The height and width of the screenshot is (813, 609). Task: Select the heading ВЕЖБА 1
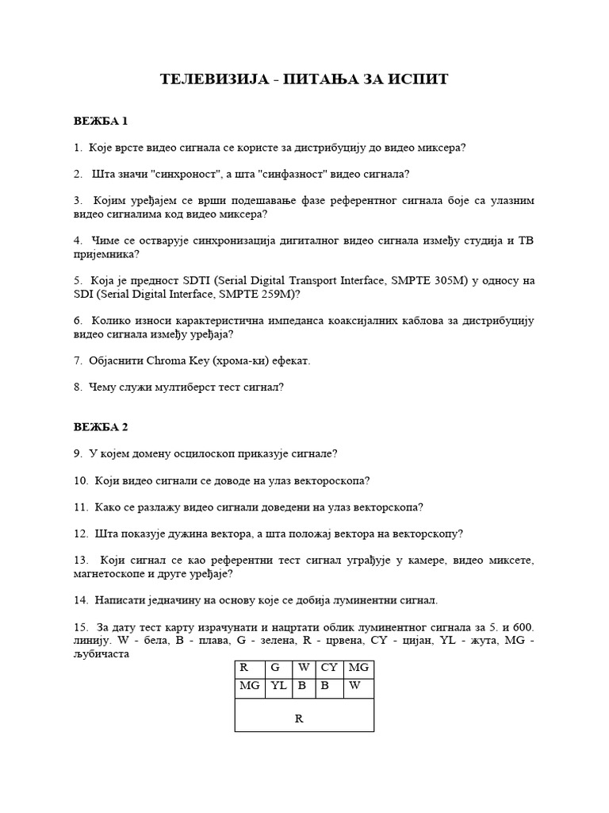pos(101,121)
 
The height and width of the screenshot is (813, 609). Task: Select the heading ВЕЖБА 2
pos(101,426)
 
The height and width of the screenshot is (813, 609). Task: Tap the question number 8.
pos(78,387)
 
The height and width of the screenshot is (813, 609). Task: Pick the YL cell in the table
pos(279,688)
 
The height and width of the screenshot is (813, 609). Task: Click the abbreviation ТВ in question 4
pos(526,240)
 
